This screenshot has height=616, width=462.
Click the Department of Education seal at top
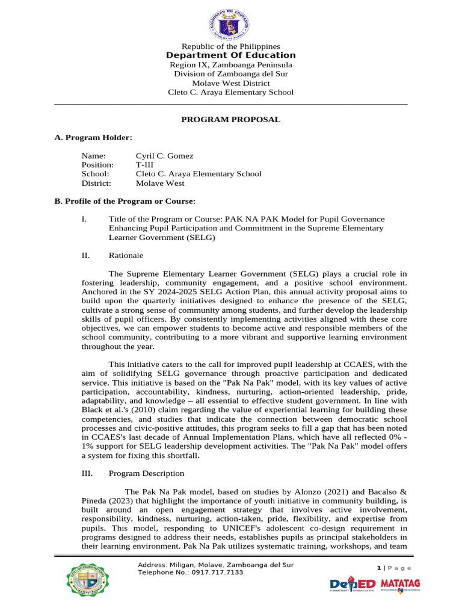click(230, 20)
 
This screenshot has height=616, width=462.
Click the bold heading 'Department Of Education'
click(230, 55)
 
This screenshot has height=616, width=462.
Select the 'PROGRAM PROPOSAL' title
click(230, 120)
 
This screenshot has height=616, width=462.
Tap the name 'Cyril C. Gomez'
click(164, 156)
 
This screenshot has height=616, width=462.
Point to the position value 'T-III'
click(145, 165)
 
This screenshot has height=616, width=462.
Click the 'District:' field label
click(97, 183)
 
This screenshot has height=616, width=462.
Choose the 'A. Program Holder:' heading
click(89, 138)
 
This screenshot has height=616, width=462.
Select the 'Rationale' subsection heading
click(126, 256)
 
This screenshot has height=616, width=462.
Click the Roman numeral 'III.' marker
click(87, 474)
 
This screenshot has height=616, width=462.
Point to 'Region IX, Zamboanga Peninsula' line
click(230, 65)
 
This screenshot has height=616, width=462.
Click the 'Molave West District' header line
click(230, 83)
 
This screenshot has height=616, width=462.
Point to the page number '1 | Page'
click(394, 568)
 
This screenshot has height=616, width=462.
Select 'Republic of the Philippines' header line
click(230, 46)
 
